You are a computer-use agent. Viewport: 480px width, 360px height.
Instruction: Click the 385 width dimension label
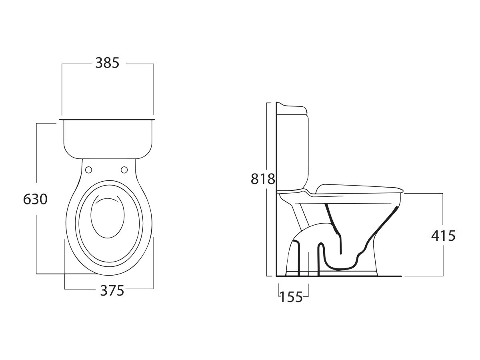(x=107, y=63)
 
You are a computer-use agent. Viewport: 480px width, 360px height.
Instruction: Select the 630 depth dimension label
(x=35, y=199)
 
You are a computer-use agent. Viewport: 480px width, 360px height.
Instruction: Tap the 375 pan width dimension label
(x=112, y=291)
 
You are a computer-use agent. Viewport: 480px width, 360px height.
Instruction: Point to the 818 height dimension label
(x=263, y=179)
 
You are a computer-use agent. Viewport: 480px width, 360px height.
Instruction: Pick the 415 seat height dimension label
(x=443, y=236)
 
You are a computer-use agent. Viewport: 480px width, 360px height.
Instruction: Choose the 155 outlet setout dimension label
(x=291, y=297)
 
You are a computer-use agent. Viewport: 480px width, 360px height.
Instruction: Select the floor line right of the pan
(x=390, y=276)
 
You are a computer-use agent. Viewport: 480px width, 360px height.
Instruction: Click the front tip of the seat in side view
(x=401, y=189)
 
